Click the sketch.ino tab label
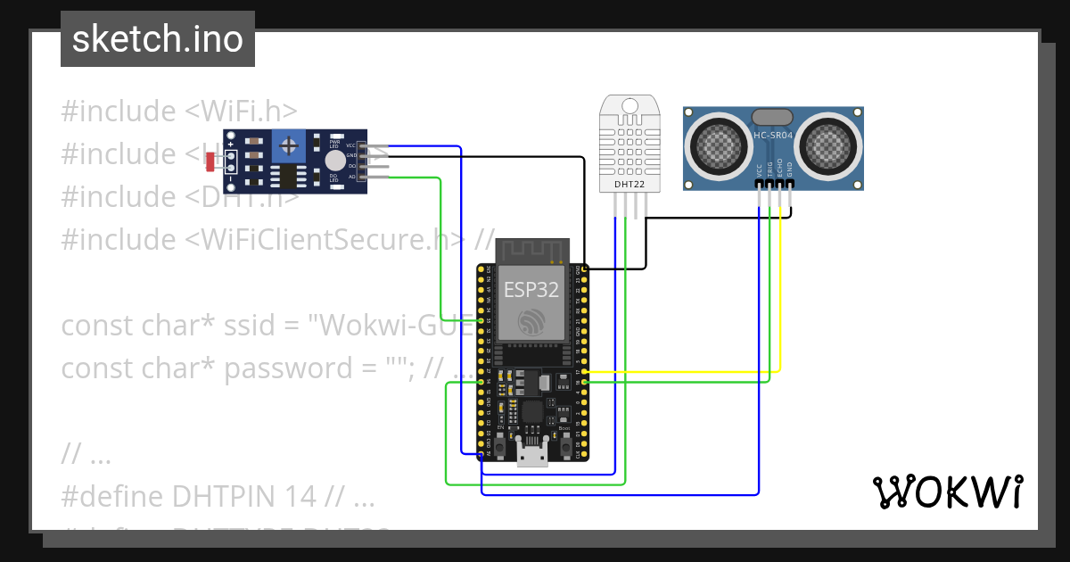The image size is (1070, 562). coord(157,40)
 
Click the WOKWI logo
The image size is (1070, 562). coord(946,492)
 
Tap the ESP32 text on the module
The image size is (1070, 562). coord(531,289)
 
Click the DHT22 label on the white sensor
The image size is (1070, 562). coord(630,184)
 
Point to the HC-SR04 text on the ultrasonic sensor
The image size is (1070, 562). coord(772,135)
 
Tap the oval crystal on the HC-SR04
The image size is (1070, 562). coord(772,117)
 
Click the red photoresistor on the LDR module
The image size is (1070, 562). coord(211,162)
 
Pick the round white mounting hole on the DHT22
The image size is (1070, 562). coord(630,106)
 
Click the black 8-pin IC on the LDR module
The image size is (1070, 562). coord(288,175)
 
